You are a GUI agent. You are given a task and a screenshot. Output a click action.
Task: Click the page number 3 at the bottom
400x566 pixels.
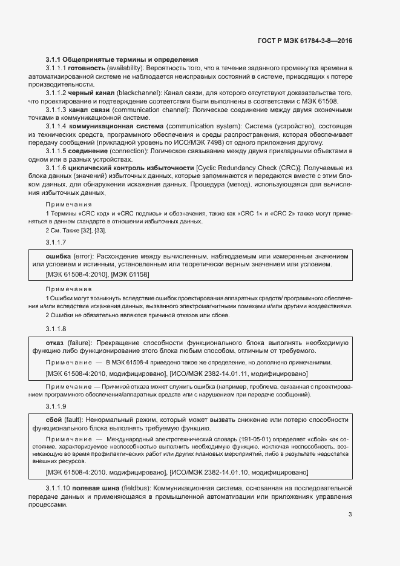350,515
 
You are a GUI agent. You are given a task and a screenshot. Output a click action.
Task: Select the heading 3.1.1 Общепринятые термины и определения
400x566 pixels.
122,59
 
